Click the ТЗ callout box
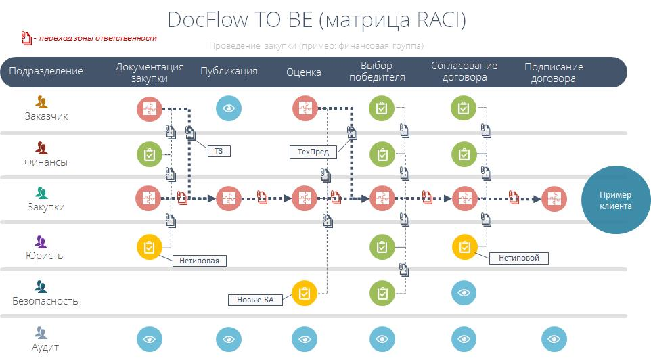coord(219,151)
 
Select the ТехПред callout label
coord(313,152)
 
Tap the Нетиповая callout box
coord(199,261)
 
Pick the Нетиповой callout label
coord(518,258)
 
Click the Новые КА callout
coord(255,300)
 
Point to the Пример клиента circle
coord(615,200)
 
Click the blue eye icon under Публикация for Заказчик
coord(228,108)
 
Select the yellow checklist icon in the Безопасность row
coord(305,293)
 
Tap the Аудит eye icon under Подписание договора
coord(554,339)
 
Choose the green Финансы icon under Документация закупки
coord(150,154)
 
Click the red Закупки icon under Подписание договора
coord(554,199)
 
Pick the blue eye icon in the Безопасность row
coord(464,293)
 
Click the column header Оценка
coord(303,72)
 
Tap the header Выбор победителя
coord(377,72)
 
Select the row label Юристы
coord(45,256)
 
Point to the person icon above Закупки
coord(41,193)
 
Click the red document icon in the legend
coord(26,38)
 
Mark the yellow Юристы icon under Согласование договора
coord(465,247)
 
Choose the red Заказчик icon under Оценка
coord(305,108)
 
